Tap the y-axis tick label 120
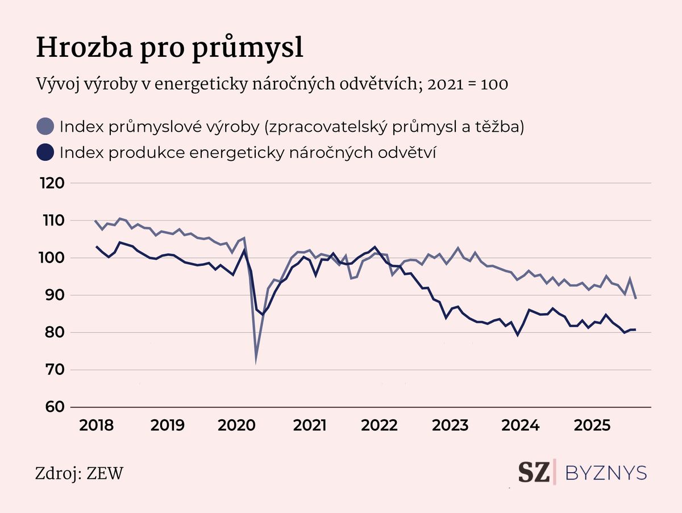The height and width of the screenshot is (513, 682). pos(52,183)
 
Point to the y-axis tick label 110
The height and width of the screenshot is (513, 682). pos(52,220)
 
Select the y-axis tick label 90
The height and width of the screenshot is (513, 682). pos(52,295)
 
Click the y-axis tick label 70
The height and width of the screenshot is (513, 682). pos(52,370)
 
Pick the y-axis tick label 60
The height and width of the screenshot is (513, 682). pos(52,407)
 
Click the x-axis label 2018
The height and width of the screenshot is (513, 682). pos(97,426)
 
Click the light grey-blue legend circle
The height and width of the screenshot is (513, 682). pos(44,127)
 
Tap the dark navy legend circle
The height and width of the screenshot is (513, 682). pos(44,152)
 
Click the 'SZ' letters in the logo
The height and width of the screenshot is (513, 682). pos(534,473)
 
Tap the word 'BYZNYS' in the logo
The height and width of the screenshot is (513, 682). pos(606,473)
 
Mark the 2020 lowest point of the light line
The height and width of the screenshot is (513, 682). pos(256,361)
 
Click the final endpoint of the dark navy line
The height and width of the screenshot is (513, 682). pos(635,330)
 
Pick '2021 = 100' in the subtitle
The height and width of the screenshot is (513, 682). pos(467,84)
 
